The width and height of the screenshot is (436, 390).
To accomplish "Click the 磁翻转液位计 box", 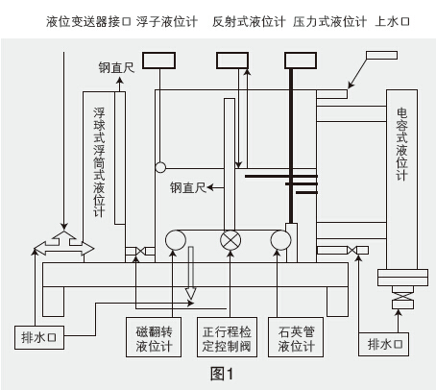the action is pyautogui.click(x=154, y=337).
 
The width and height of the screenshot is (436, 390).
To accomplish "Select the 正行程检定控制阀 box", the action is pyautogui.click(x=227, y=337).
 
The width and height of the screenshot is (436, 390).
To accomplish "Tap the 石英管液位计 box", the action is pyautogui.click(x=296, y=337).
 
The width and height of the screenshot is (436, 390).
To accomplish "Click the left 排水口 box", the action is pyautogui.click(x=39, y=337).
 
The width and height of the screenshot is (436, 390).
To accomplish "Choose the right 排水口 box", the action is pyautogui.click(x=383, y=344).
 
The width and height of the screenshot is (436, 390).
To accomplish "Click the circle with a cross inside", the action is pyautogui.click(x=230, y=240).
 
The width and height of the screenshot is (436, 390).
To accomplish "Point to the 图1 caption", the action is pyautogui.click(x=222, y=374).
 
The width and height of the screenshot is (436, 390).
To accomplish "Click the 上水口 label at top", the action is pyautogui.click(x=392, y=22).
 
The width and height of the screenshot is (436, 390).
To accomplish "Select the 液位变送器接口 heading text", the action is pyautogui.click(x=88, y=22).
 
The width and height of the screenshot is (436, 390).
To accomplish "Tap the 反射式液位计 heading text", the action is pyautogui.click(x=249, y=22).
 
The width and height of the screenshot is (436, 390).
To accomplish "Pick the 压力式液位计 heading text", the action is pyautogui.click(x=329, y=22).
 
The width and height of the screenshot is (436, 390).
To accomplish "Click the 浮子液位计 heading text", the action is pyautogui.click(x=167, y=22).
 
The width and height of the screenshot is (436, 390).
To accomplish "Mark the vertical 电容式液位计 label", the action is pyautogui.click(x=401, y=144).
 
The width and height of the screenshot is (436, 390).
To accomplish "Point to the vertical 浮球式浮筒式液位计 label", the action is pyautogui.click(x=99, y=162).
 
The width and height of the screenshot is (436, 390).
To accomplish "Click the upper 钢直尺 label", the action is pyautogui.click(x=116, y=67).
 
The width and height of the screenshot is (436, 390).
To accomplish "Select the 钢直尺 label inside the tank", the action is pyautogui.click(x=188, y=187).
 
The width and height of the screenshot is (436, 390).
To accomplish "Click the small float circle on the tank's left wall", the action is pyautogui.click(x=160, y=167).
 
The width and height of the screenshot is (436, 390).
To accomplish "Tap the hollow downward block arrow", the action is pyautogui.click(x=191, y=273).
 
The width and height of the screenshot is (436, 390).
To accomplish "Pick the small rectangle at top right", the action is pyautogui.click(x=382, y=55).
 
